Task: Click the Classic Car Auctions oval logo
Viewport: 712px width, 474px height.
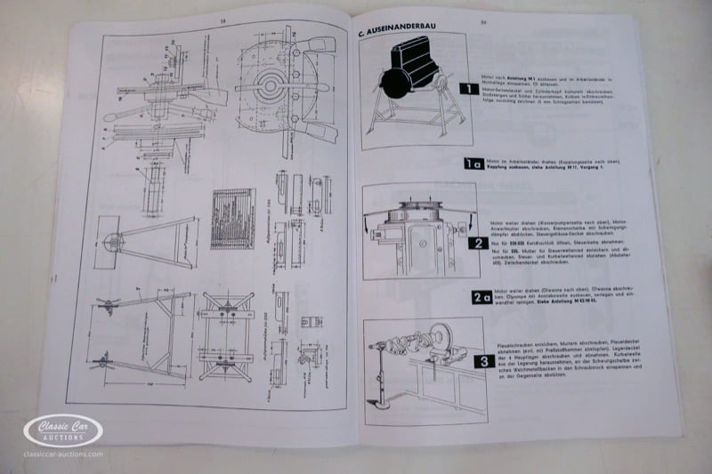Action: tap(63, 431)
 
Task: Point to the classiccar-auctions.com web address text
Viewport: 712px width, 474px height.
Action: tap(63, 454)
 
